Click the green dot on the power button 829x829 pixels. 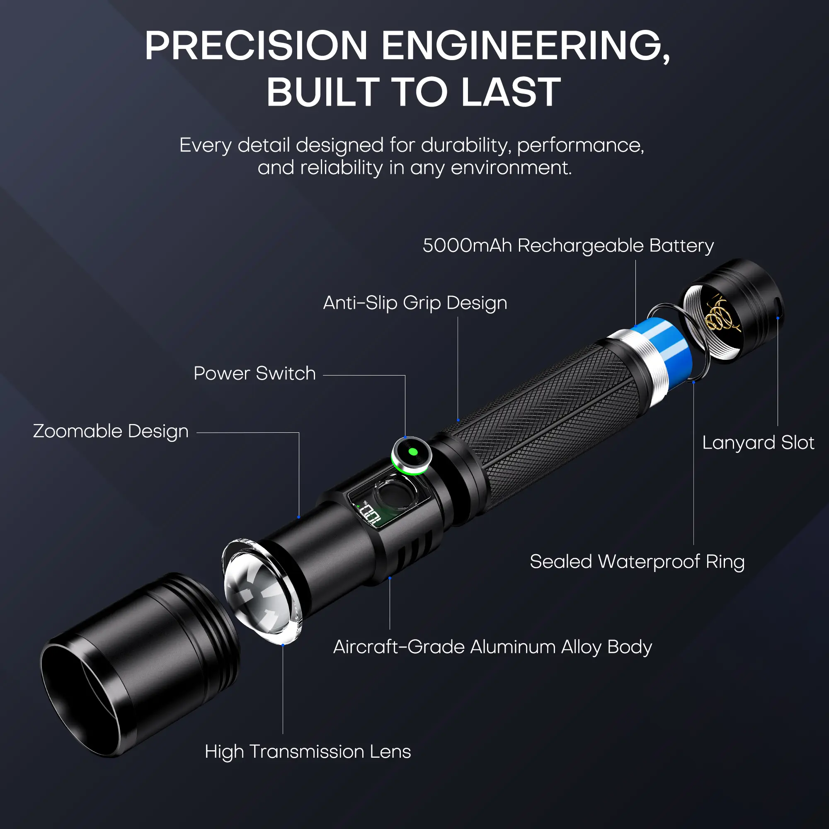413,451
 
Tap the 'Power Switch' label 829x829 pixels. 255,373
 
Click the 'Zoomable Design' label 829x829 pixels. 111,431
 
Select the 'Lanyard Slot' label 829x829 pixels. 758,443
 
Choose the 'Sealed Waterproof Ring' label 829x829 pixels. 637,562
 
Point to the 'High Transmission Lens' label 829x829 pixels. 308,751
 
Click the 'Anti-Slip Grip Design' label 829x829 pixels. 415,303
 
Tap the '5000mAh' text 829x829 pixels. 467,245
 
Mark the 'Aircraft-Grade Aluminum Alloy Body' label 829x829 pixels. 492,647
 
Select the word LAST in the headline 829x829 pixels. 511,92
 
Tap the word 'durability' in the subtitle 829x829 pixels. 466,145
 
